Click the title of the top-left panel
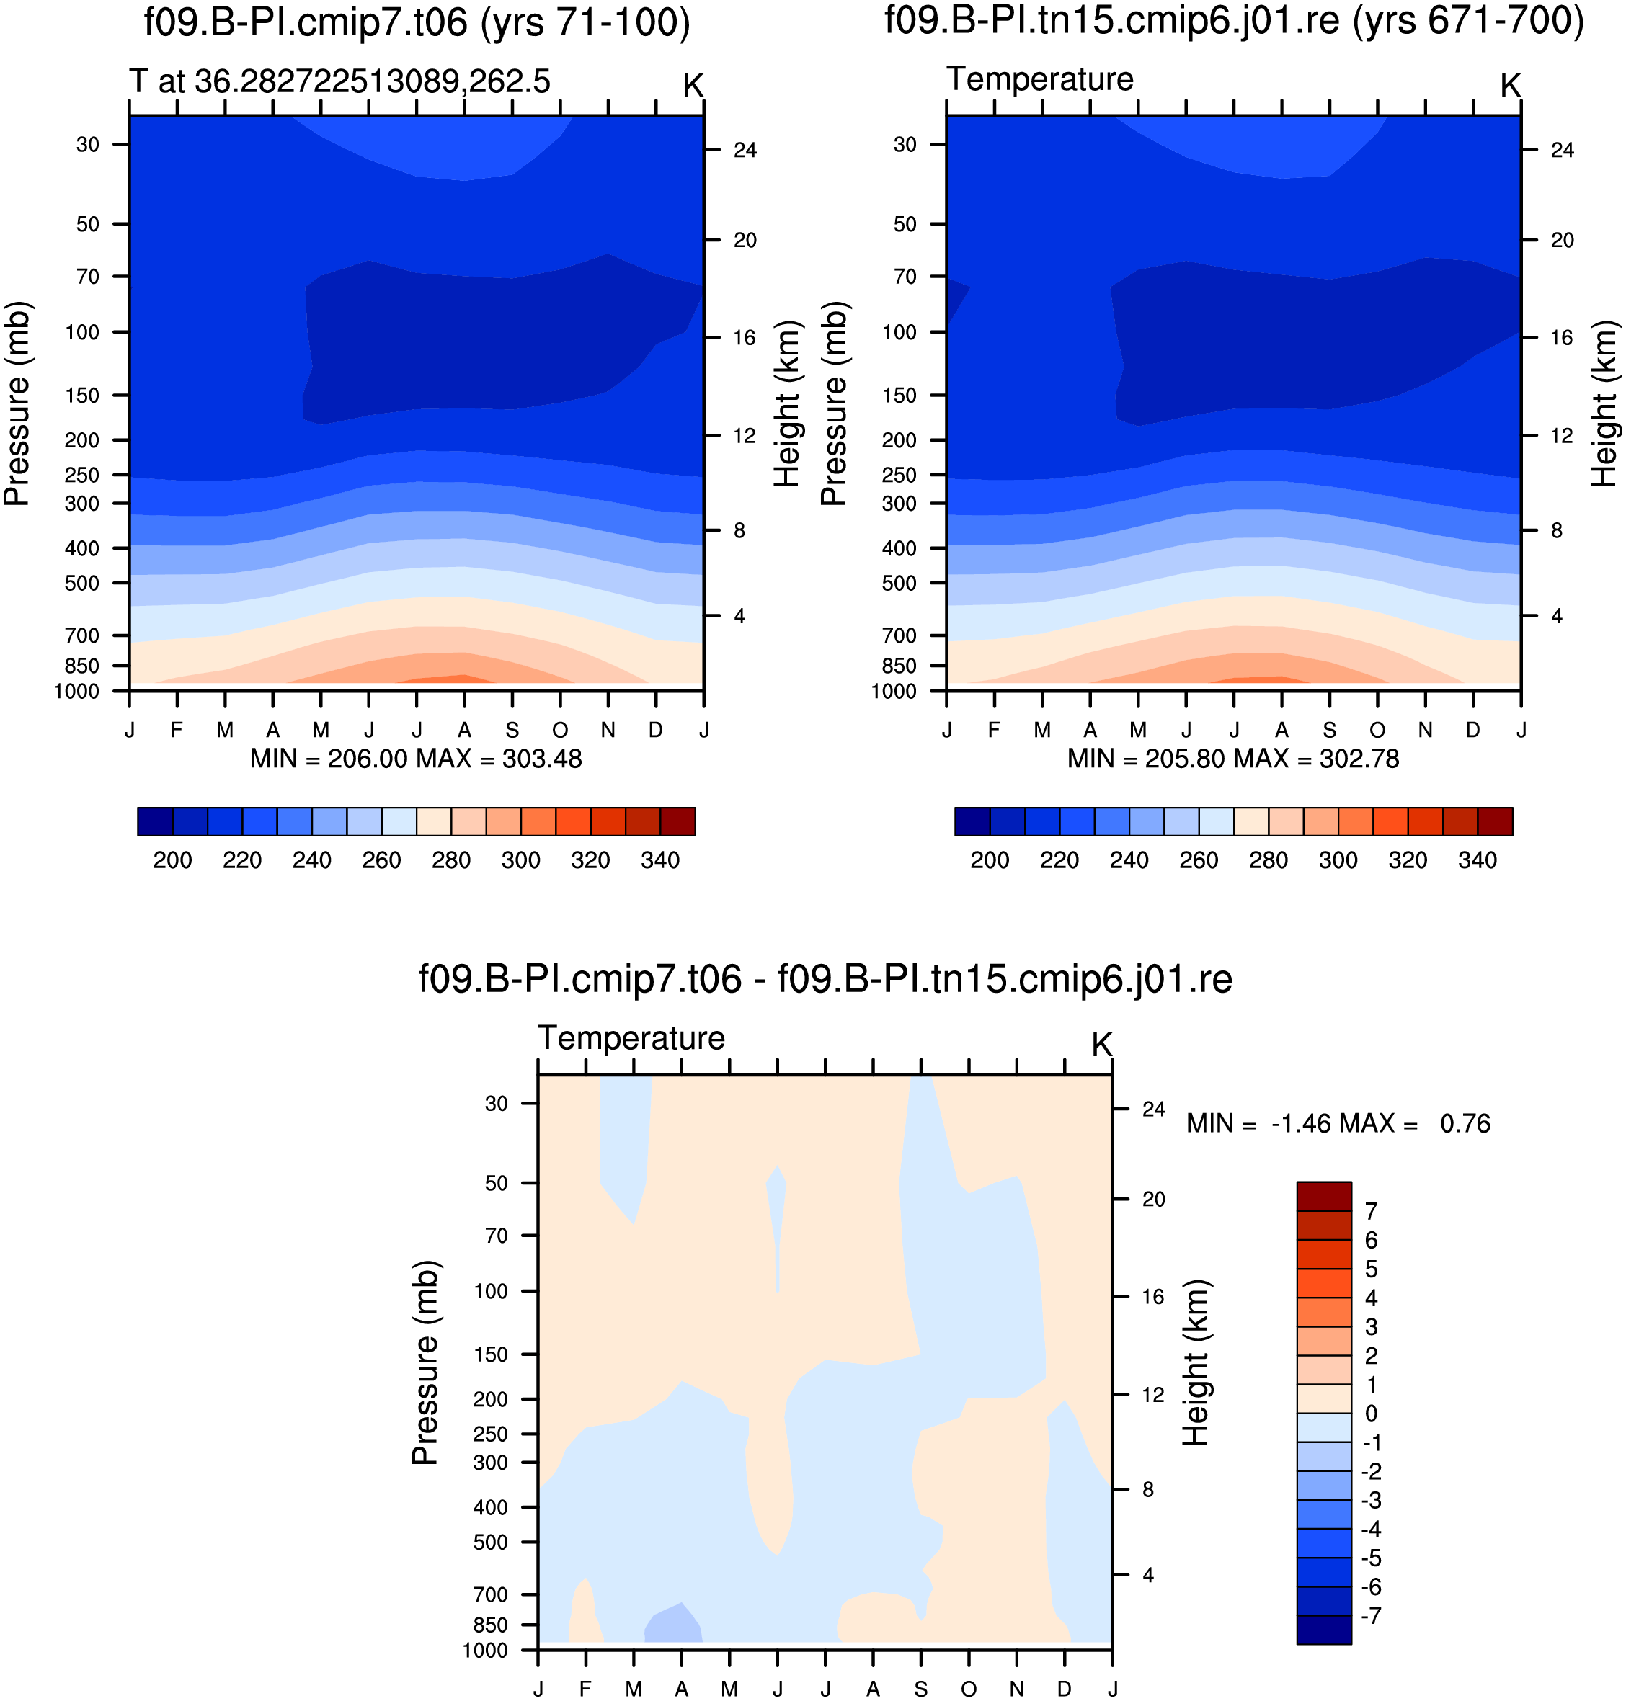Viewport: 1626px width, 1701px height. click(417, 22)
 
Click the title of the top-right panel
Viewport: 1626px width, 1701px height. click(1234, 20)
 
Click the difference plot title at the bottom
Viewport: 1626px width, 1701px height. click(825, 980)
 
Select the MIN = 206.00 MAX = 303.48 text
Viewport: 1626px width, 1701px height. click(416, 759)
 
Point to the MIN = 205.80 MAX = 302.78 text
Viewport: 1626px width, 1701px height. click(1233, 759)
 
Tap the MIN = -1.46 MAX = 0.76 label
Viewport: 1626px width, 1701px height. click(1338, 1124)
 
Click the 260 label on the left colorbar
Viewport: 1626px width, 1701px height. click(381, 860)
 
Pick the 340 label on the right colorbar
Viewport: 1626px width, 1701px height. click(1478, 860)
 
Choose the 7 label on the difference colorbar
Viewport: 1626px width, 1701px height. click(1371, 1211)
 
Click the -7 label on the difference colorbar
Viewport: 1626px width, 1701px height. click(1371, 1616)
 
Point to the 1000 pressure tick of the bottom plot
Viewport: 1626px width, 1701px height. click(485, 1651)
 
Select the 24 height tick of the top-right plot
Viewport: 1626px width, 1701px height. click(1563, 151)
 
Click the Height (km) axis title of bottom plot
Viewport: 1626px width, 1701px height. click(1196, 1363)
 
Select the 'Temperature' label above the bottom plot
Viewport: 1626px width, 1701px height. click(632, 1038)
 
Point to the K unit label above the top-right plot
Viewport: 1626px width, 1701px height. click(1511, 86)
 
